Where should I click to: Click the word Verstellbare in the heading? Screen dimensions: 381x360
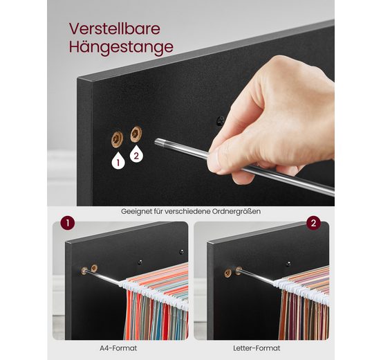click(x=115, y=29)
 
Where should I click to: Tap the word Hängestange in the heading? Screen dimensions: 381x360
click(x=121, y=47)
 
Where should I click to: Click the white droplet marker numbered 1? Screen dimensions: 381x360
click(x=118, y=161)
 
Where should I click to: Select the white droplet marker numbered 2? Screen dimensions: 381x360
click(x=136, y=154)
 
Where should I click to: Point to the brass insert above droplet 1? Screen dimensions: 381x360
click(x=117, y=139)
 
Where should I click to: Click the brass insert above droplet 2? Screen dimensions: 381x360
click(x=136, y=134)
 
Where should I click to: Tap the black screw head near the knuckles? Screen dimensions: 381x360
click(x=221, y=120)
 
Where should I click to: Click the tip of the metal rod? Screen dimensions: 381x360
click(x=156, y=141)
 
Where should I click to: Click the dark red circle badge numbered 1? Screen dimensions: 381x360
click(x=67, y=223)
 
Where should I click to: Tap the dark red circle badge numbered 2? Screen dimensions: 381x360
click(x=313, y=223)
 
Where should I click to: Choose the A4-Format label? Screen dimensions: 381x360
click(x=118, y=348)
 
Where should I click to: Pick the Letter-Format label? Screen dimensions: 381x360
click(x=257, y=348)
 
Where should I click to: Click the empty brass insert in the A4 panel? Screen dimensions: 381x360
click(x=94, y=268)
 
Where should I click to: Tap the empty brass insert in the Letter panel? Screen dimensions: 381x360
click(x=228, y=273)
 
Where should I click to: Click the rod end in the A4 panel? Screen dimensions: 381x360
click(x=84, y=271)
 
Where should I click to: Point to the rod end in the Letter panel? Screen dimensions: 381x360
click(x=239, y=270)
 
